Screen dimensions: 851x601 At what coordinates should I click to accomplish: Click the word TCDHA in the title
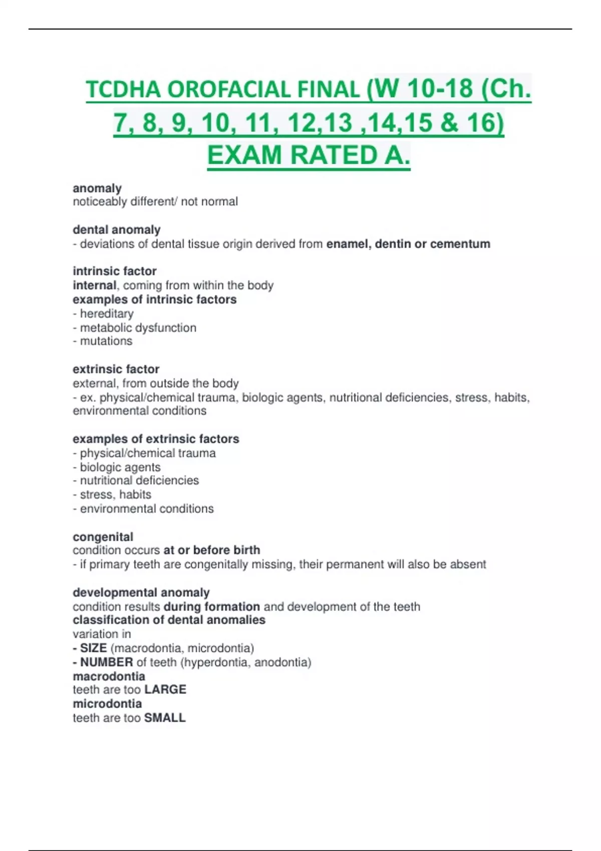pyautogui.click(x=124, y=90)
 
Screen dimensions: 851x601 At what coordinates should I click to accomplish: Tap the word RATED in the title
pyautogui.click(x=333, y=155)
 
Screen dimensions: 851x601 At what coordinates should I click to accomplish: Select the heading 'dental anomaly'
pyautogui.click(x=117, y=230)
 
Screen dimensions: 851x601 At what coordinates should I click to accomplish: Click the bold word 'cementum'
pyautogui.click(x=460, y=244)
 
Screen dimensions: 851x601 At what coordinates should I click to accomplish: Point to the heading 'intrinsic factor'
pyautogui.click(x=115, y=271)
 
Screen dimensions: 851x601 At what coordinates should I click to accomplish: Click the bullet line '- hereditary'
pyautogui.click(x=103, y=314)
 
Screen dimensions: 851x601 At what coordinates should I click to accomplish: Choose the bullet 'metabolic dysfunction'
pyautogui.click(x=138, y=328)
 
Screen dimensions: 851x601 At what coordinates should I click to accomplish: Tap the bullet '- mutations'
pyautogui.click(x=103, y=341)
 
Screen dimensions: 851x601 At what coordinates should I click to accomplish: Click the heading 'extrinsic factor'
pyautogui.click(x=116, y=369)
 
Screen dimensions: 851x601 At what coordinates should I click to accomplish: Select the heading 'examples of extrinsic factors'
pyautogui.click(x=156, y=439)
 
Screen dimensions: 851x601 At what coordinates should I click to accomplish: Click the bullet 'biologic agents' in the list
pyautogui.click(x=120, y=467)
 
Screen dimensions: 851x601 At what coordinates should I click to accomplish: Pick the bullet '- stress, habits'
pyautogui.click(x=112, y=495)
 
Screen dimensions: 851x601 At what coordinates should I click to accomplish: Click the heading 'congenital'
pyautogui.click(x=103, y=537)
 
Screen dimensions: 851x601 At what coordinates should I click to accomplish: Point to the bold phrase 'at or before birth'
pyautogui.click(x=211, y=550)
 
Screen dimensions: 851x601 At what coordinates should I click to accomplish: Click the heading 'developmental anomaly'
pyautogui.click(x=141, y=593)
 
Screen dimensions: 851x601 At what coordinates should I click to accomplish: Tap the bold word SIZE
pyautogui.click(x=93, y=648)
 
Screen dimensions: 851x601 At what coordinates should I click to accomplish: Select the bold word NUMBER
pyautogui.click(x=106, y=662)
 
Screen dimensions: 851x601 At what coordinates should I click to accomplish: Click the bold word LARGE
pyautogui.click(x=165, y=690)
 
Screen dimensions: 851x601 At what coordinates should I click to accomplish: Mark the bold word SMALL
pyautogui.click(x=165, y=718)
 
